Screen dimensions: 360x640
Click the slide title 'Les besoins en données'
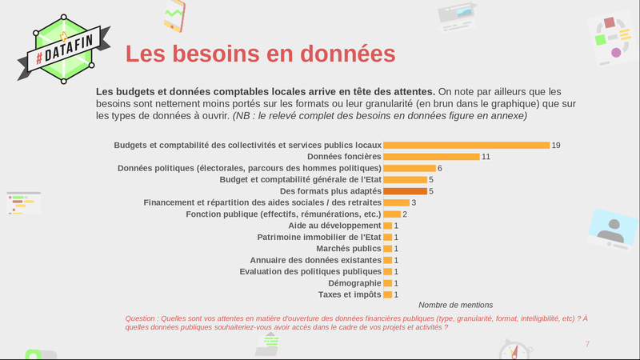[261, 54]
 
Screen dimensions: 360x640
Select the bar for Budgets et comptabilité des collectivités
[466, 145]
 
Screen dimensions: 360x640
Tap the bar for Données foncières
[431, 157]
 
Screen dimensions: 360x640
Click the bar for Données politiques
[410, 168]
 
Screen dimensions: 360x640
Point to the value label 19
[556, 145]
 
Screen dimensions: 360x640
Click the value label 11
[486, 157]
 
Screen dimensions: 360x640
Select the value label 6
[440, 168]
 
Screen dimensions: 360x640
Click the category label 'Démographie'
[354, 283]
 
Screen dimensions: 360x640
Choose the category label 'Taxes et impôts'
[350, 294]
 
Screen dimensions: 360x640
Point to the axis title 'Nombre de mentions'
[455, 305]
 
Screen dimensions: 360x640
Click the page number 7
[587, 344]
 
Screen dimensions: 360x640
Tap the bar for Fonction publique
[392, 214]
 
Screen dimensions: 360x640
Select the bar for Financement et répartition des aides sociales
[396, 202]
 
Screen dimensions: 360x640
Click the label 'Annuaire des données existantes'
[315, 260]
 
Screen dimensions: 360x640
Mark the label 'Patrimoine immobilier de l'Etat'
[319, 238]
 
